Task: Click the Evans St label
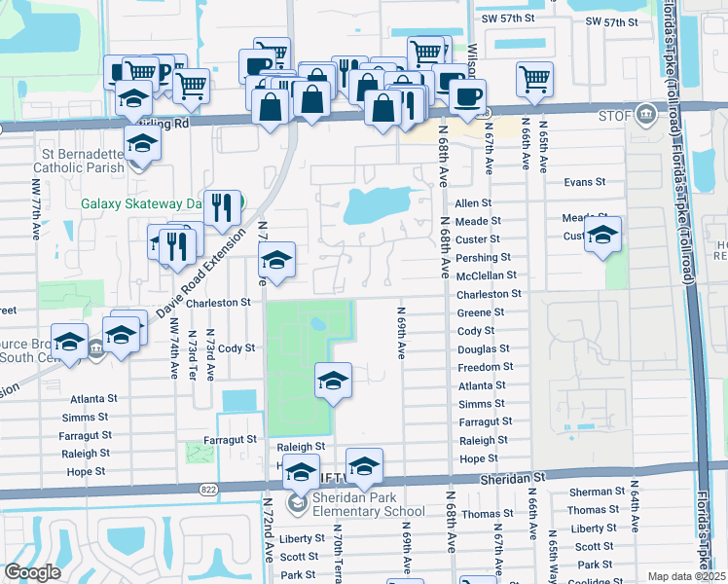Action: (585, 182)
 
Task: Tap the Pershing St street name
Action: (483, 258)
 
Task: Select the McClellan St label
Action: (488, 276)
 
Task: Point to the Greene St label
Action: (481, 312)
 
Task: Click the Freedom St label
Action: (485, 367)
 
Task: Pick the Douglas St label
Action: (483, 348)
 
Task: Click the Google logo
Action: (32, 572)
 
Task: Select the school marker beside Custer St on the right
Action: (602, 235)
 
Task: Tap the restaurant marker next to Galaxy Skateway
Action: (224, 206)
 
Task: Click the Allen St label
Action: (473, 203)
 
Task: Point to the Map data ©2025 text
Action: (686, 576)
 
